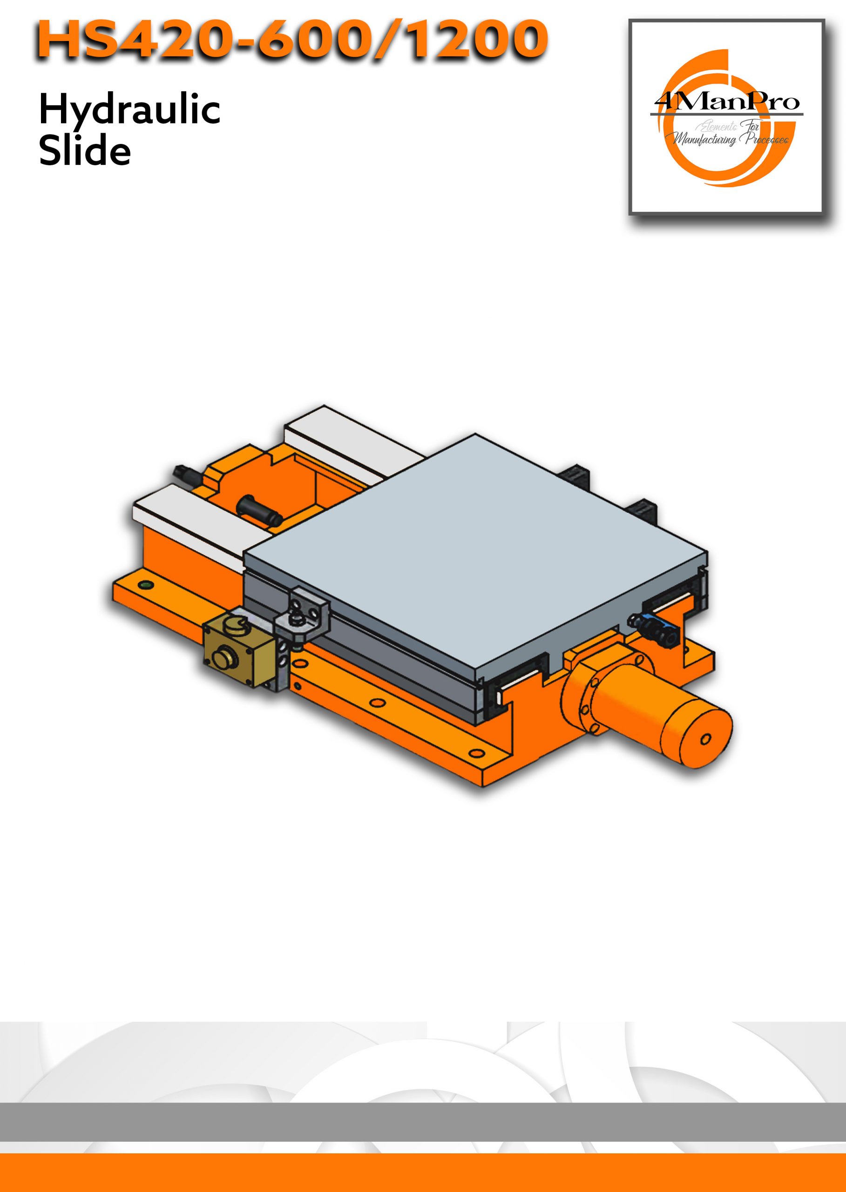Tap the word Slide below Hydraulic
click(85, 150)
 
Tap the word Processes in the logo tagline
click(766, 138)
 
